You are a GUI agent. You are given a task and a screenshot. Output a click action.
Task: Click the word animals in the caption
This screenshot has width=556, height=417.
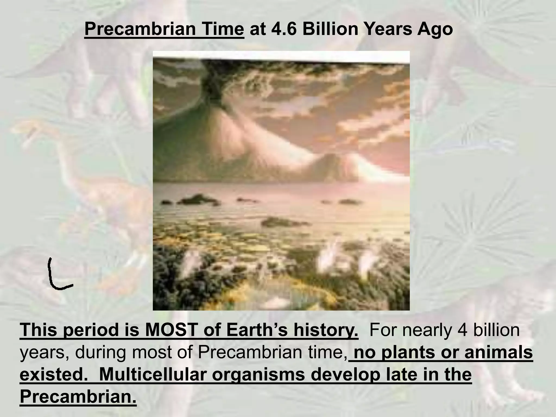[498, 352]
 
